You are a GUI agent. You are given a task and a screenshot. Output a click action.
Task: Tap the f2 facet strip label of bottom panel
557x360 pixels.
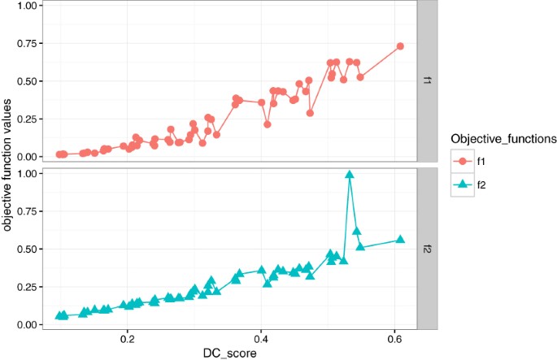426,247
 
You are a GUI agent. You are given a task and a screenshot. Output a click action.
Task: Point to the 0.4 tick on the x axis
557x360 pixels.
261,337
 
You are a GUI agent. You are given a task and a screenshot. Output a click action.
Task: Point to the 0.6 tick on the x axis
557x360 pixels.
394,337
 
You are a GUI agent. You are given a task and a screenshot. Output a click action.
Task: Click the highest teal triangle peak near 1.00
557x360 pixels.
350,175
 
